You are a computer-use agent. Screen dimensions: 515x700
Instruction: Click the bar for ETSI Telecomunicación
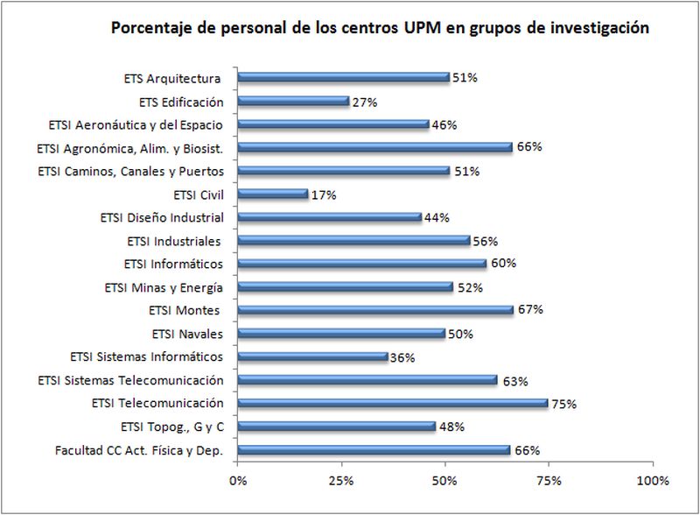click(x=392, y=403)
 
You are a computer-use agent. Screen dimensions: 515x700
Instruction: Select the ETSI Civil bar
click(x=272, y=194)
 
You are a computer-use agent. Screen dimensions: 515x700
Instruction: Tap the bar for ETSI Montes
click(x=375, y=309)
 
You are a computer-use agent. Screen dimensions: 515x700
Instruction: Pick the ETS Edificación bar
click(x=293, y=101)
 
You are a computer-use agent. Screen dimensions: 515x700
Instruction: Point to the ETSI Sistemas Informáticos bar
click(x=312, y=356)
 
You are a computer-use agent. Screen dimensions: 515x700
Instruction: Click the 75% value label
click(x=563, y=404)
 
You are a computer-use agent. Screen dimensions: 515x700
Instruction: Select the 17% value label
click(x=323, y=194)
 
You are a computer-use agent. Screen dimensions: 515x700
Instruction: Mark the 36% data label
click(x=402, y=357)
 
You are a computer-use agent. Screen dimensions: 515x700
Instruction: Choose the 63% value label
click(x=513, y=381)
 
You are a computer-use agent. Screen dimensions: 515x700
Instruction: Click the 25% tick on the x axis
click(x=340, y=481)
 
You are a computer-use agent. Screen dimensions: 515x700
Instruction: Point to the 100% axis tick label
click(x=652, y=481)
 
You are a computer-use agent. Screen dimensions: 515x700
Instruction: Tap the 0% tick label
click(x=237, y=481)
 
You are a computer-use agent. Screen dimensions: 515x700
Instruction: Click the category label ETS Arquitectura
click(x=171, y=78)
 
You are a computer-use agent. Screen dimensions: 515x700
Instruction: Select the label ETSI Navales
click(x=187, y=333)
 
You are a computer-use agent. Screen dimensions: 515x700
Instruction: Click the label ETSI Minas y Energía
click(x=164, y=286)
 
